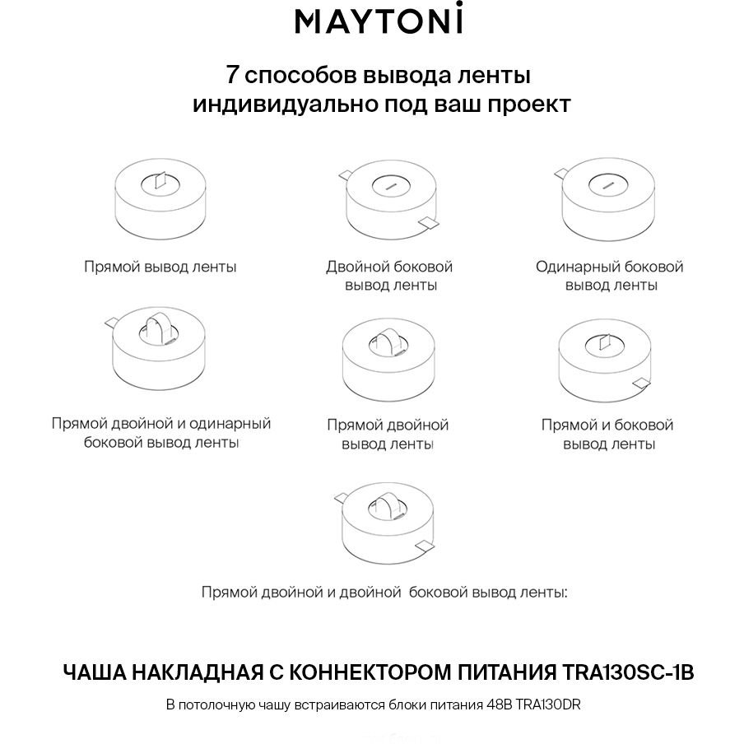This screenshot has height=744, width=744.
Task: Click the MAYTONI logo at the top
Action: click(x=379, y=21)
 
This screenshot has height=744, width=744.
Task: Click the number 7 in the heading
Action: click(x=232, y=76)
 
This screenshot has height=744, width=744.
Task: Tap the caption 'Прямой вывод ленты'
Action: click(x=160, y=267)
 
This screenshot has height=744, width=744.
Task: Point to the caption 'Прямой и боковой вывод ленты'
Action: click(x=607, y=435)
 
